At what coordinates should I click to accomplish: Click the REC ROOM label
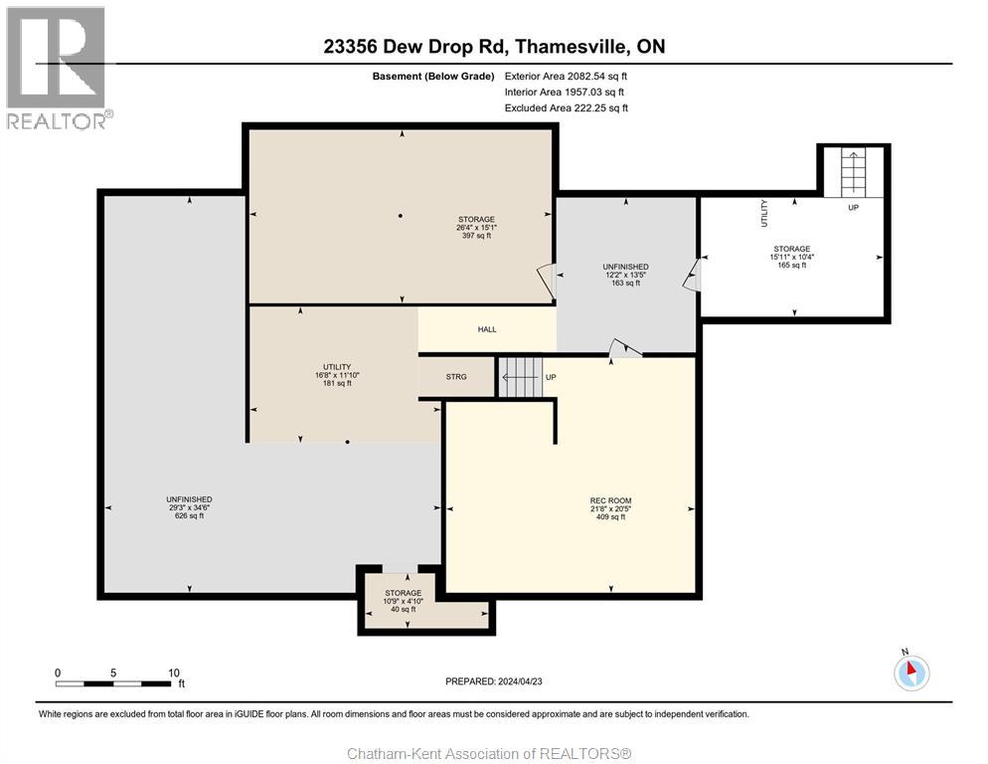pos(610,500)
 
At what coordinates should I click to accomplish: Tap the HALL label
pos(486,329)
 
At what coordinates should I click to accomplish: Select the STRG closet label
pos(456,377)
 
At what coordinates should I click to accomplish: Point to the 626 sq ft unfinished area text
pos(189,515)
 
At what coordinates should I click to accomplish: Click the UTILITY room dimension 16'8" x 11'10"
pos(331,375)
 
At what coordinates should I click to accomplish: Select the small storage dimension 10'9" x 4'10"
pos(403,601)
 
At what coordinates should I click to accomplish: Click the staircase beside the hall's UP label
pos(519,377)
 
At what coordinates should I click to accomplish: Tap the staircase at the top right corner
pos(854,171)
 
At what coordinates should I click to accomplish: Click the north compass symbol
pos(910,672)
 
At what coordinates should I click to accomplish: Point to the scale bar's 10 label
pos(174,672)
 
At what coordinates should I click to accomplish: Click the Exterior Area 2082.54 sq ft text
pos(566,76)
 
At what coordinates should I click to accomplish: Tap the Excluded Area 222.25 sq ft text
pos(566,107)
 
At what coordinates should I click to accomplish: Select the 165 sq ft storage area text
pos(792,266)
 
